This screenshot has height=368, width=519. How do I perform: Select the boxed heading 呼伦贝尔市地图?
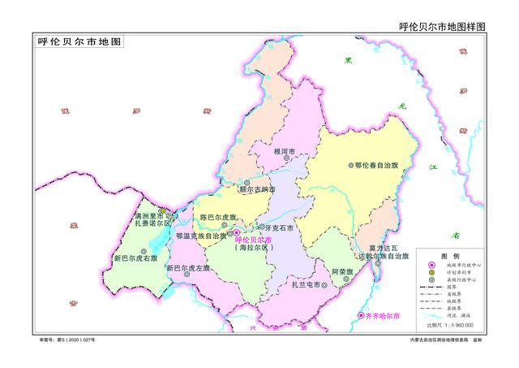[79, 41]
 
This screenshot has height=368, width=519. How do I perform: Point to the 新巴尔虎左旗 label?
[187, 268]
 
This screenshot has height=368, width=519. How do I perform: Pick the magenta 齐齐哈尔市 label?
[384, 314]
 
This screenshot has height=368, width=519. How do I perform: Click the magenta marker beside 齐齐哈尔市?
[362, 314]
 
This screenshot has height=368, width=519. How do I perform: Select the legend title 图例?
[449, 255]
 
